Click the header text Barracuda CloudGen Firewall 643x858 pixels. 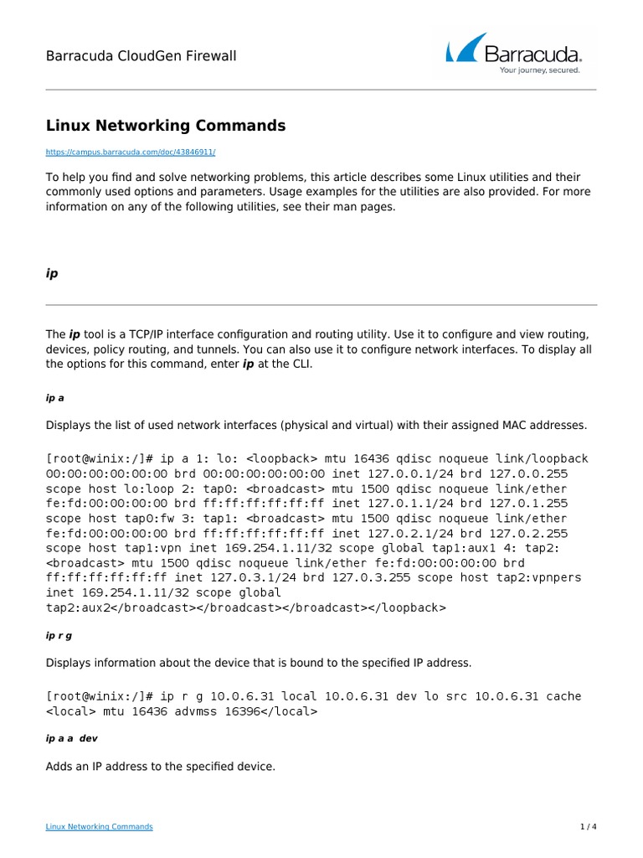tap(141, 56)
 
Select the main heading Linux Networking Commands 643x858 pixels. tap(165, 126)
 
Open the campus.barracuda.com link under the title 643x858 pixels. tap(130, 152)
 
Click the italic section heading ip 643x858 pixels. tap(51, 273)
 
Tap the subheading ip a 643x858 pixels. tap(55, 399)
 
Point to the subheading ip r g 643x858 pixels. tap(59, 635)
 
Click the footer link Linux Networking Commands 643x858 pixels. tap(99, 827)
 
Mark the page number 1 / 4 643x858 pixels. tap(589, 827)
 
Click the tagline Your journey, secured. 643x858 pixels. tap(540, 71)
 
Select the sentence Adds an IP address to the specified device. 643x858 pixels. tap(160, 767)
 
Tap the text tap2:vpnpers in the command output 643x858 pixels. tap(539, 577)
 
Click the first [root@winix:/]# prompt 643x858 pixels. tap(99, 459)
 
